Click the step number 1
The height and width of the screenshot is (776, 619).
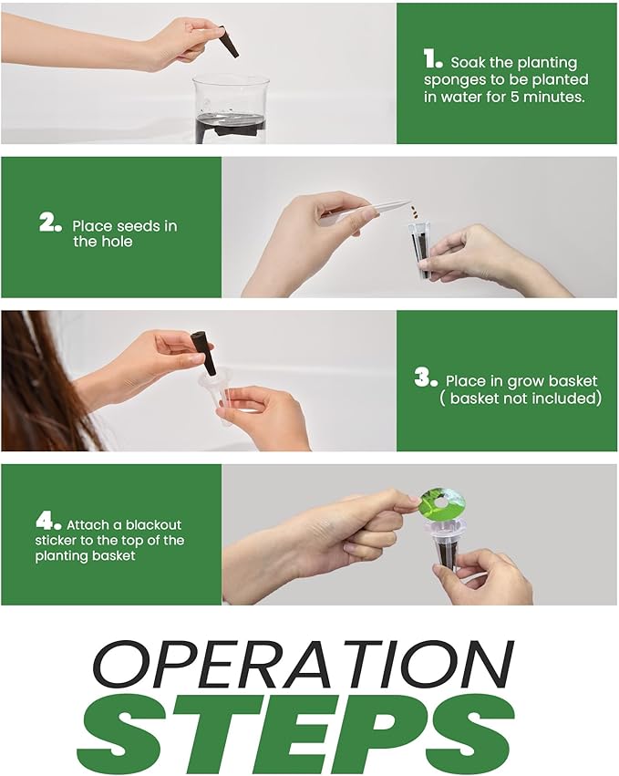coord(432,59)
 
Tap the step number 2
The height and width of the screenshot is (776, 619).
coord(50,222)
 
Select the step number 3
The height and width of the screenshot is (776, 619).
coord(426,378)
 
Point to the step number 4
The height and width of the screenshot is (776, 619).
coord(48,522)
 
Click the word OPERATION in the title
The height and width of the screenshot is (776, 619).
coord(304,664)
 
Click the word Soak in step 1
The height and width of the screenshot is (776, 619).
coord(468,63)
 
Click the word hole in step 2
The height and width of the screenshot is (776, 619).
coord(118,242)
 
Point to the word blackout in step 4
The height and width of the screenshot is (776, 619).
coord(153,524)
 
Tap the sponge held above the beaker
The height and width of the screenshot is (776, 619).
coord(229,41)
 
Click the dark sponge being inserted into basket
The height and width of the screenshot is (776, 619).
coord(203,353)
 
